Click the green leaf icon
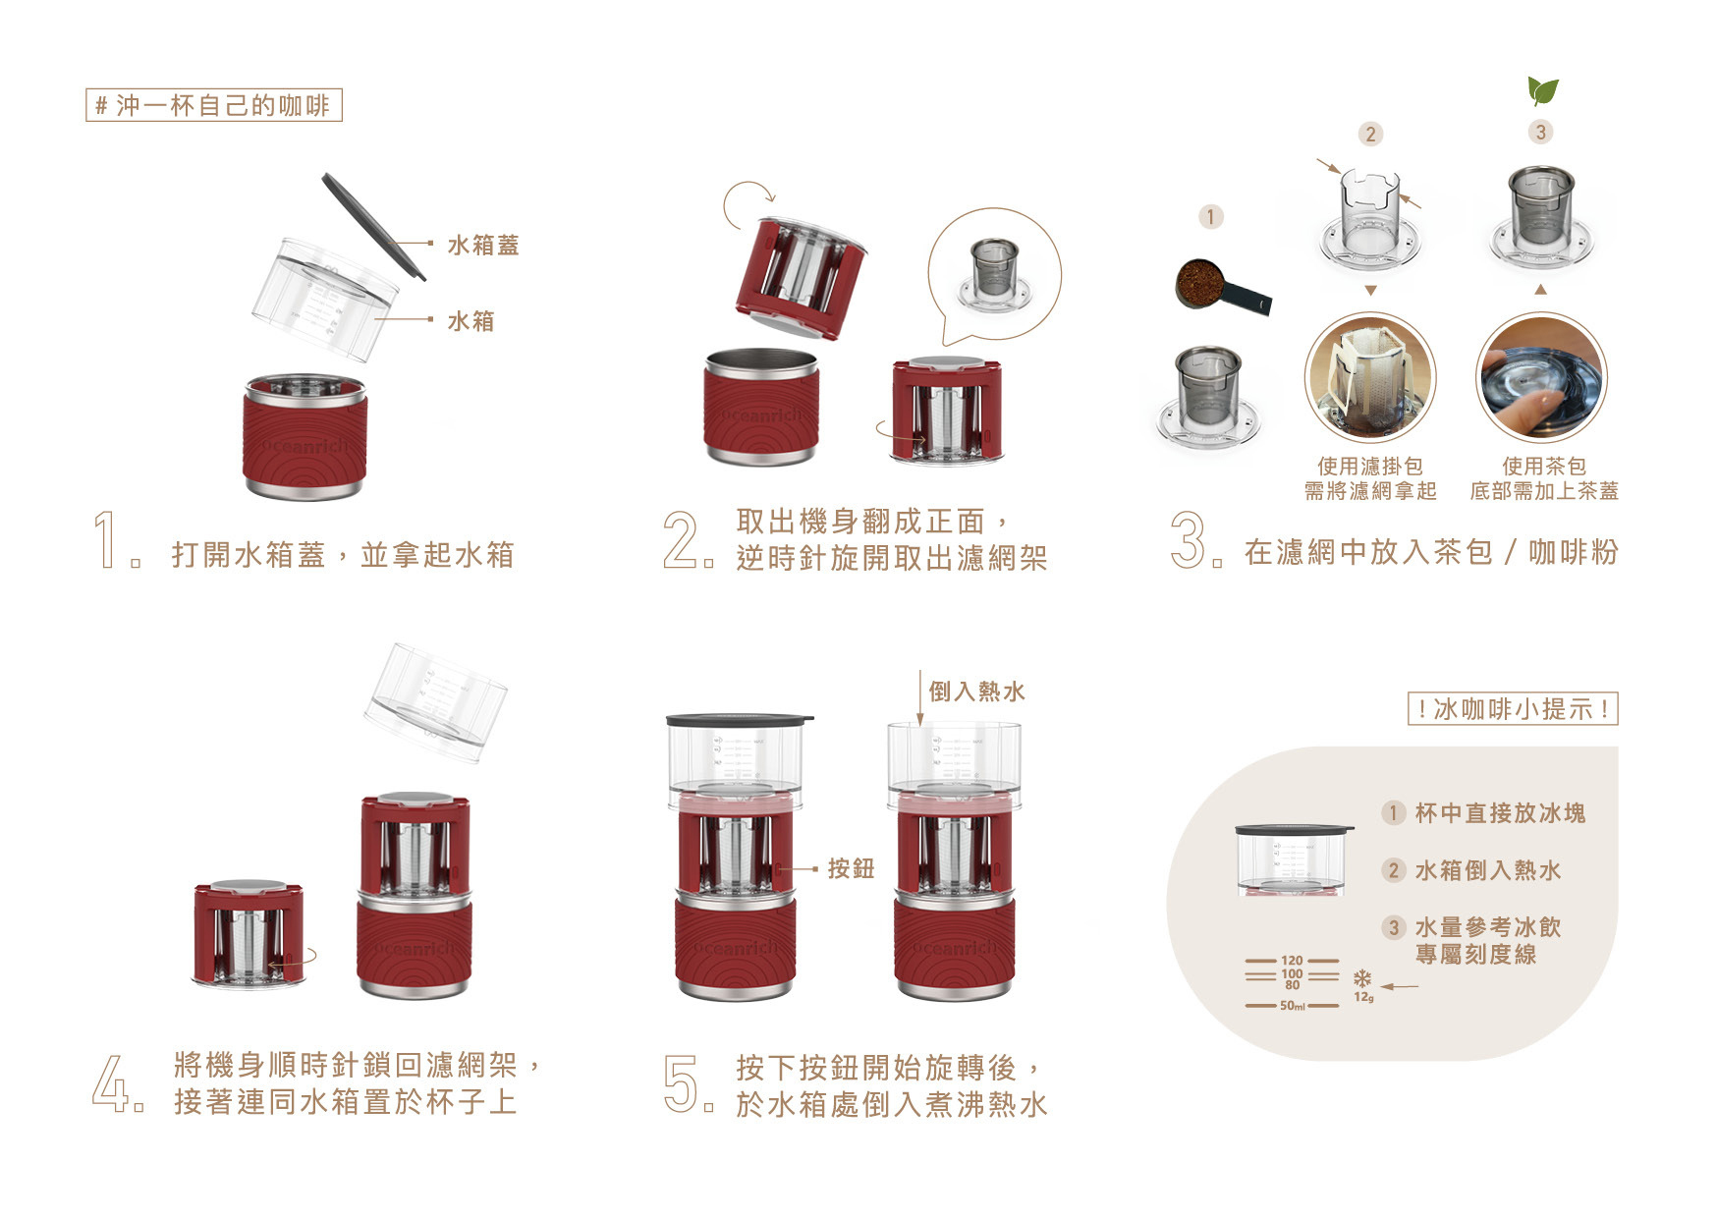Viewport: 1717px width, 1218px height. tap(1543, 91)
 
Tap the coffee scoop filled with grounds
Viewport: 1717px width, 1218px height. tap(1222, 287)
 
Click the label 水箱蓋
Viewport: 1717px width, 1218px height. tap(483, 245)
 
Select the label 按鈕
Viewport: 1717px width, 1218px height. tap(851, 868)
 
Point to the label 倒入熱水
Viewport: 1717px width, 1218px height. tap(976, 692)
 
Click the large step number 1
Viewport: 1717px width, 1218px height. tap(106, 539)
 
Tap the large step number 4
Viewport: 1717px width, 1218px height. tap(110, 1082)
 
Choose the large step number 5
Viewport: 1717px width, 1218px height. tap(680, 1083)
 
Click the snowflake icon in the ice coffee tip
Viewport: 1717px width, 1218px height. tap(1362, 978)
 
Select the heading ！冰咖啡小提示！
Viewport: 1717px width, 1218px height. tap(1513, 709)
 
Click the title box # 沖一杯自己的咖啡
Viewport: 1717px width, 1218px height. tap(214, 105)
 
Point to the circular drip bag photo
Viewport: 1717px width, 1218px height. tap(1370, 378)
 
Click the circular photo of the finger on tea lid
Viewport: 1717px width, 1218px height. tap(1541, 378)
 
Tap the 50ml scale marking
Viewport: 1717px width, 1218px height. tap(1293, 1006)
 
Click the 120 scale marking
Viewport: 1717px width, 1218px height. tap(1292, 961)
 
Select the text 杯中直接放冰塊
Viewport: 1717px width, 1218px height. tap(1500, 813)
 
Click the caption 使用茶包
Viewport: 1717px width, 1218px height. tap(1544, 467)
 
